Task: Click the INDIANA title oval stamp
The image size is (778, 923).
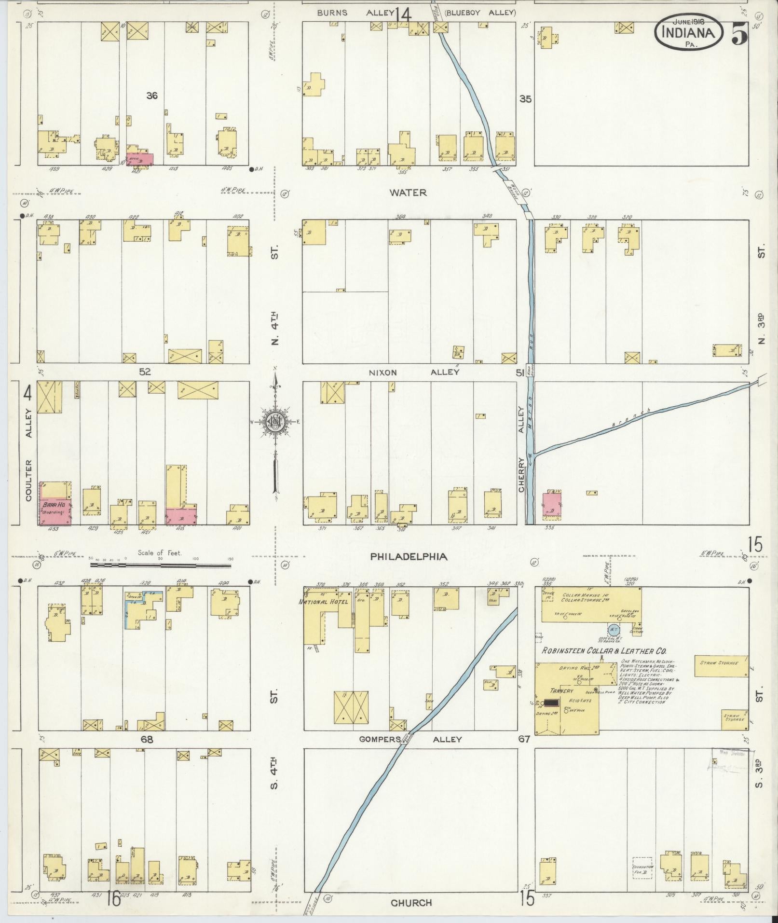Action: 688,32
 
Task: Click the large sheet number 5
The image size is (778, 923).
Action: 738,34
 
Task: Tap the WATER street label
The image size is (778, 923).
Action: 408,193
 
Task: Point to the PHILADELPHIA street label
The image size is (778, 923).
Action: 409,556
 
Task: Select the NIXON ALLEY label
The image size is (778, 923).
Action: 414,372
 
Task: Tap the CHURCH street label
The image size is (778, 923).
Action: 411,902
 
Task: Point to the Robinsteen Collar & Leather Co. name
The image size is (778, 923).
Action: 604,651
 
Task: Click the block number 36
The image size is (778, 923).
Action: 151,96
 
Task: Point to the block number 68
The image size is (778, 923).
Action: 146,739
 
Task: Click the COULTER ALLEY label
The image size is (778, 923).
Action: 28,454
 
